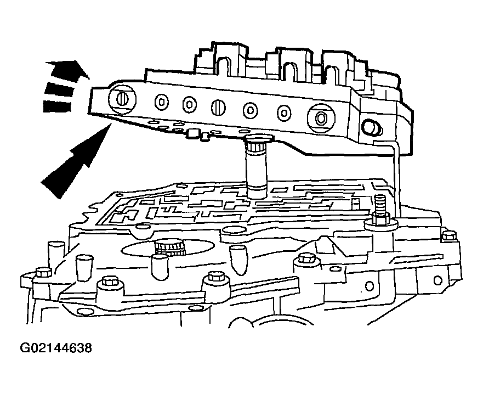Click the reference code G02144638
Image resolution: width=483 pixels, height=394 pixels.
tap(55, 348)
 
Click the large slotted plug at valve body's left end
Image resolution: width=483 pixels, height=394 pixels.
tap(122, 99)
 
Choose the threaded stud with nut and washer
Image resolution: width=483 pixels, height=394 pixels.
tap(379, 213)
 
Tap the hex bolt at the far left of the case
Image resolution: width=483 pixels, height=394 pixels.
tap(42, 273)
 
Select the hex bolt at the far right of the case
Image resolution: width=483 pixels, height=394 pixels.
tap(448, 236)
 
